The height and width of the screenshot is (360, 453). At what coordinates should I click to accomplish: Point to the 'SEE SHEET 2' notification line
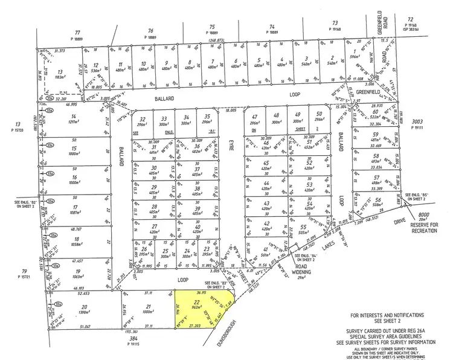pyautogui.click(x=391, y=322)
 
